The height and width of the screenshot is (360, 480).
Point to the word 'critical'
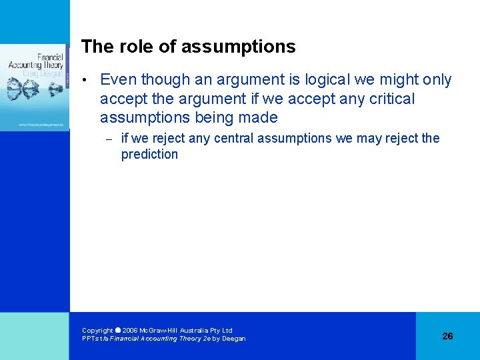[x=390, y=99]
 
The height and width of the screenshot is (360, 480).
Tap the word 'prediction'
[x=149, y=155]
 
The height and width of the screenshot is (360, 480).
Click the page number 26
[x=447, y=336]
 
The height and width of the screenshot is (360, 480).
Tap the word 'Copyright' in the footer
[x=97, y=331]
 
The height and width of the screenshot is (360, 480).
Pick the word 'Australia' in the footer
[x=201, y=331]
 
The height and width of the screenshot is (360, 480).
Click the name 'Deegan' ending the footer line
[x=234, y=339]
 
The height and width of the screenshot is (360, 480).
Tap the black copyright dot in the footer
[x=118, y=330]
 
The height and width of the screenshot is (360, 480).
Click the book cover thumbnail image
[x=35, y=87]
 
